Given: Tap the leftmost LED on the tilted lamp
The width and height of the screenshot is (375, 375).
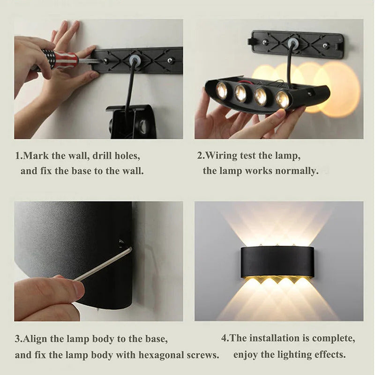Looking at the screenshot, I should pos(222,90).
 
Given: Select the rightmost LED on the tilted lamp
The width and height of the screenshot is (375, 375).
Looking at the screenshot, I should pos(282,99).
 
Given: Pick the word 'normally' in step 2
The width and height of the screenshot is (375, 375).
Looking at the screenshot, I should pos(297,171).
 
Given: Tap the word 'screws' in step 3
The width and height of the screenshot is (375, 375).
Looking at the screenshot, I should pos(202,354).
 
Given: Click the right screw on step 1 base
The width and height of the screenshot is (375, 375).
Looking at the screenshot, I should pos(171,60).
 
